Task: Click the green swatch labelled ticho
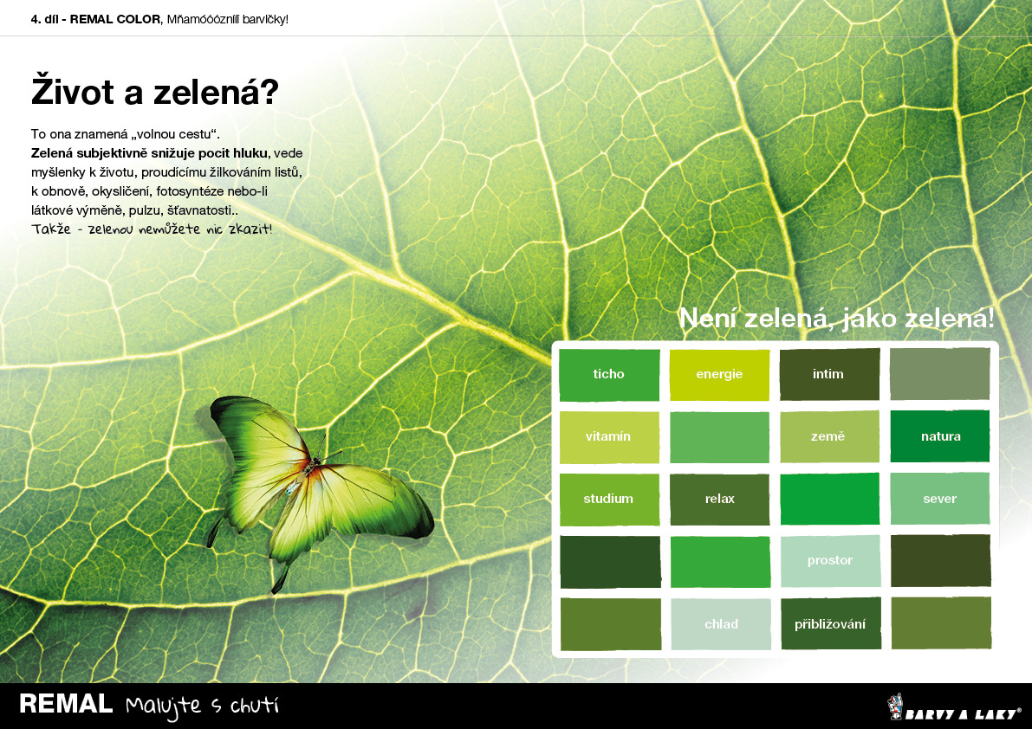tap(609, 374)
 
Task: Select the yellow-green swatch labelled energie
tap(719, 374)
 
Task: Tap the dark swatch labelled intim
tap(829, 374)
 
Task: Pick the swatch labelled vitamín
tap(609, 437)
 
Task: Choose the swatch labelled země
tap(829, 436)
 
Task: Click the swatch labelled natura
tap(940, 436)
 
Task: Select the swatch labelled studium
tap(609, 500)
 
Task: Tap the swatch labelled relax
tap(719, 500)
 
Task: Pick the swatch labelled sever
tap(940, 499)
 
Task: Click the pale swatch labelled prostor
tap(830, 561)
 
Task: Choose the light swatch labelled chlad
tap(721, 624)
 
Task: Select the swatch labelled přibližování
tap(831, 624)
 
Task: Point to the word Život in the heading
tap(73, 91)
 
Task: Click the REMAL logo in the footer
tap(66, 704)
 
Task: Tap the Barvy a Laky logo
tap(954, 707)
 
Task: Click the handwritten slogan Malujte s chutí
tap(202, 706)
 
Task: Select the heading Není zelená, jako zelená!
tap(836, 318)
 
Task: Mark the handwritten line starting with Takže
tap(152, 229)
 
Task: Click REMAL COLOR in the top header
tap(115, 19)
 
